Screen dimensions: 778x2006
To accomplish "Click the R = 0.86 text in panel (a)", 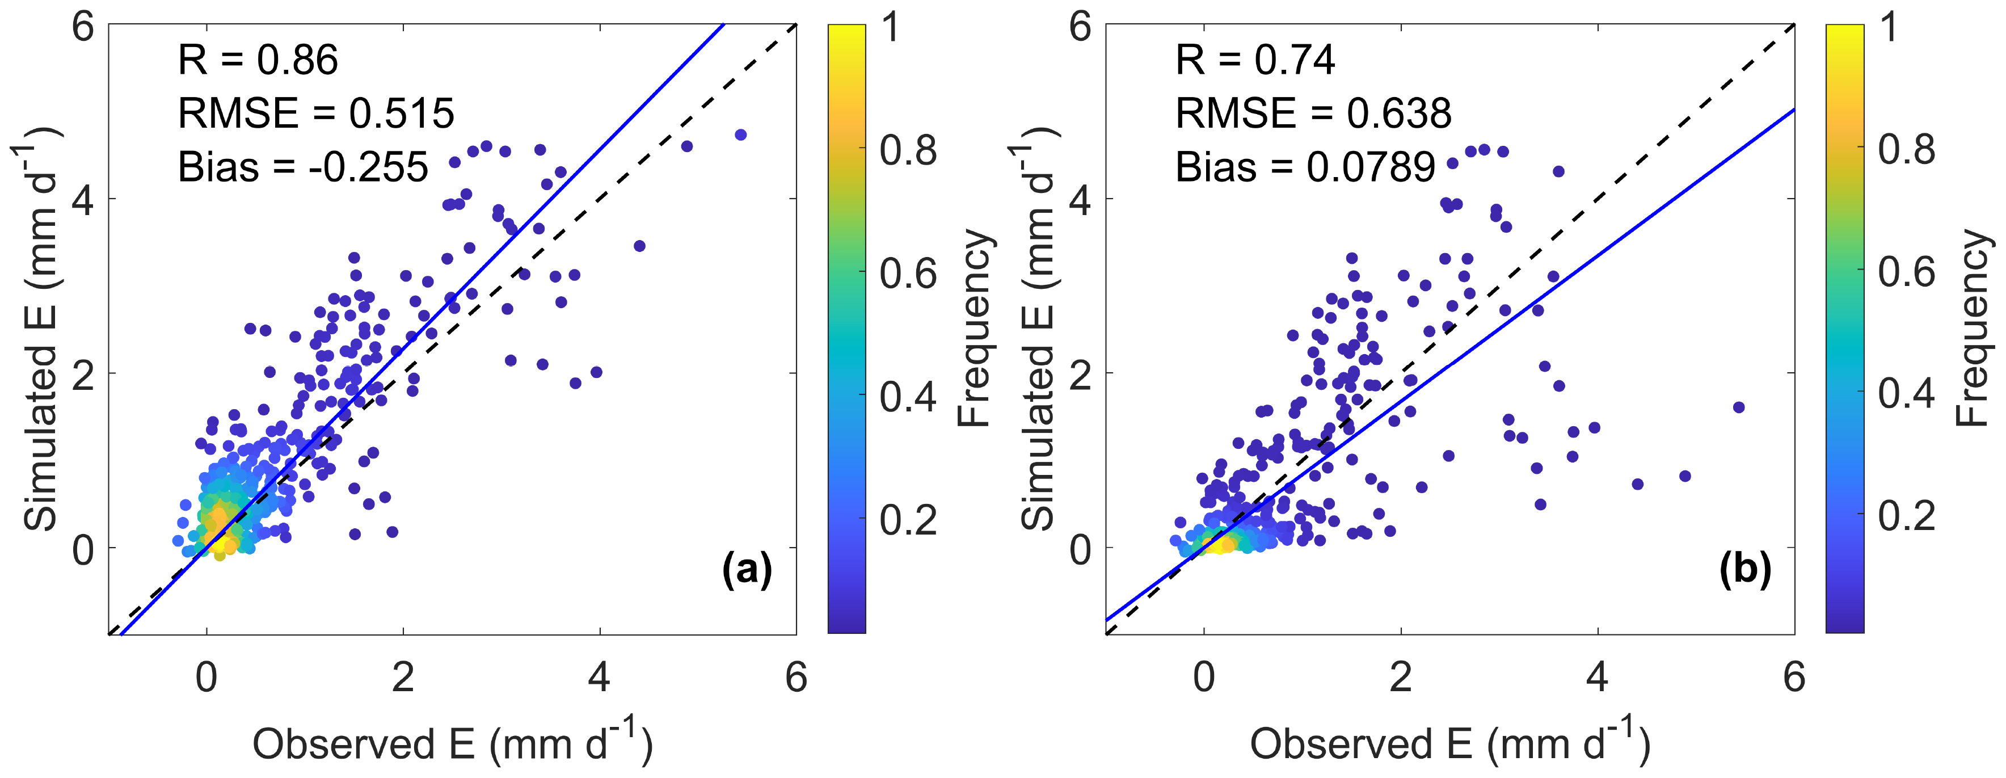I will pyautogui.click(x=258, y=60).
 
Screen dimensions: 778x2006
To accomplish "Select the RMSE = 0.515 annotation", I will pyautogui.click(x=315, y=113).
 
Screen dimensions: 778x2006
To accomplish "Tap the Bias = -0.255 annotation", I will pyautogui.click(x=303, y=167).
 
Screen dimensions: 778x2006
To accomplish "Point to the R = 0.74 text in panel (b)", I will pyautogui.click(x=1255, y=60).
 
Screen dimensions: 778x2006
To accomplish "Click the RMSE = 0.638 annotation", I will pyautogui.click(x=1313, y=113).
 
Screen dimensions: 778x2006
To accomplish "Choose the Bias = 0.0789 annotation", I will pyautogui.click(x=1305, y=167).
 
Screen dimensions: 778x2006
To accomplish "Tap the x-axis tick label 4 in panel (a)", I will pyautogui.click(x=599, y=678).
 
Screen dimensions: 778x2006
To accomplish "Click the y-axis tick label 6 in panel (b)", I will pyautogui.click(x=1080, y=27).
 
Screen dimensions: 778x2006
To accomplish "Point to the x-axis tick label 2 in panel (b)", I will pyautogui.click(x=1400, y=678).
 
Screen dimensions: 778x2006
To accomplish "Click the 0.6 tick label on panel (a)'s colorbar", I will pyautogui.click(x=908, y=274).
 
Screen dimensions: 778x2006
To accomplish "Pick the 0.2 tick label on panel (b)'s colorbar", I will pyautogui.click(x=1906, y=516).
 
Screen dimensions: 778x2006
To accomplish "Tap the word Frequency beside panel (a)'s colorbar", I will pyautogui.click(x=973, y=327).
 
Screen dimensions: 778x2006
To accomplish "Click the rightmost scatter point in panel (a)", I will pyautogui.click(x=740, y=134).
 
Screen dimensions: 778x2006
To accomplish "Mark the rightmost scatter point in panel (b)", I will pyautogui.click(x=1738, y=407).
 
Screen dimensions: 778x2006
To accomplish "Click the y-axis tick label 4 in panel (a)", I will pyautogui.click(x=83, y=200).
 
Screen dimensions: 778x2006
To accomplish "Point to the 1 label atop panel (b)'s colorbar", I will pyautogui.click(x=1889, y=27).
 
